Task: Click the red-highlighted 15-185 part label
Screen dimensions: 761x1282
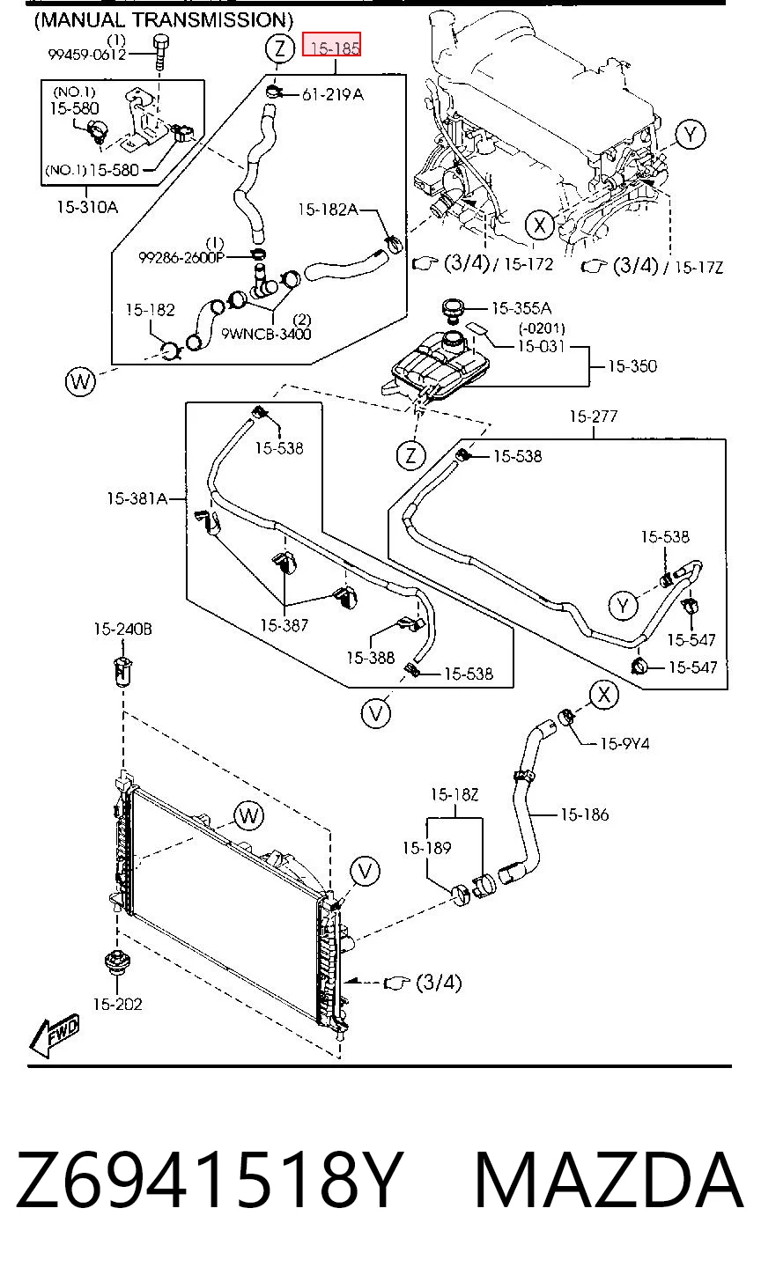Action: click(331, 45)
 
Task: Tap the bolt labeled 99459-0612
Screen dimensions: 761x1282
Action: click(161, 51)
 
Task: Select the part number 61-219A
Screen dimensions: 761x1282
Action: click(333, 94)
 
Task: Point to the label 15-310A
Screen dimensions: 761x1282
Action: click(87, 207)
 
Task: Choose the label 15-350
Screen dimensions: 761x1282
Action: click(632, 366)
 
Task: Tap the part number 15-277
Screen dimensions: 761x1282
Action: click(594, 416)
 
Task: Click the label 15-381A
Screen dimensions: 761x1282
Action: click(137, 498)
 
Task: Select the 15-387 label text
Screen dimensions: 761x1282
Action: click(284, 625)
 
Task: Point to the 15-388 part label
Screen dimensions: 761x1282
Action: click(371, 658)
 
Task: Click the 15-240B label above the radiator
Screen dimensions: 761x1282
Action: click(123, 629)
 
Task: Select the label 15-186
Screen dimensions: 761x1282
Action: click(584, 814)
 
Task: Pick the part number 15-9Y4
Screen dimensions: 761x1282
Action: click(624, 743)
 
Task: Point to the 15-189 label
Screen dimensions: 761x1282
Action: click(426, 848)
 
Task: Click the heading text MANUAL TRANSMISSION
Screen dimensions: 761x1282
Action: click(163, 20)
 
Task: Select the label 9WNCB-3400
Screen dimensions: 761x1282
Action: click(266, 334)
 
